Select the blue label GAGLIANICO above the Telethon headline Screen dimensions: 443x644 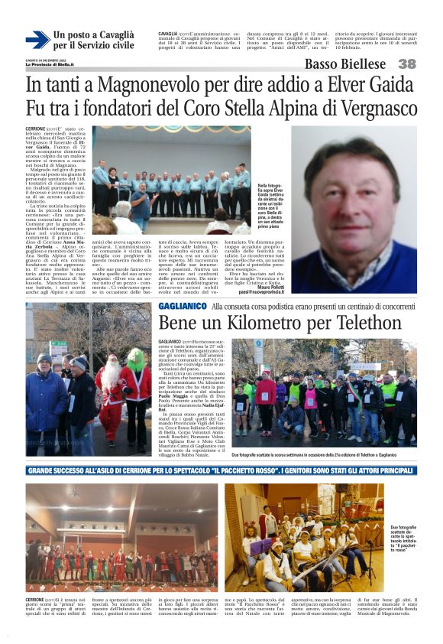(x=181, y=306)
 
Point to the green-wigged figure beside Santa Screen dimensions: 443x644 (x=137, y=386)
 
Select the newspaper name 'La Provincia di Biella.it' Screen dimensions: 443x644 (x=50, y=64)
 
